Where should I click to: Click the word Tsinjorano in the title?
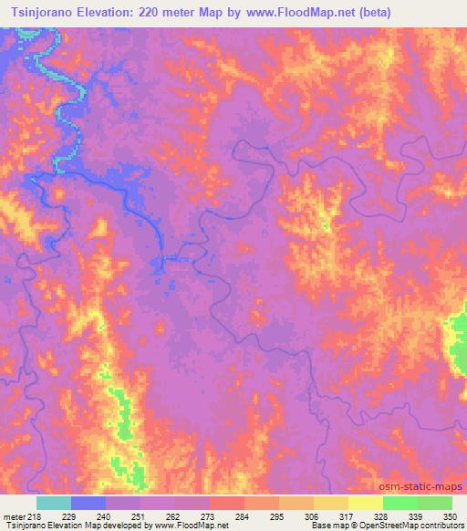[38, 11]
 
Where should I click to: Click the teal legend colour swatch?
[54, 503]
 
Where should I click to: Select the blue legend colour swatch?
[88, 503]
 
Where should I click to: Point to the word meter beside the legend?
[14, 516]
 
